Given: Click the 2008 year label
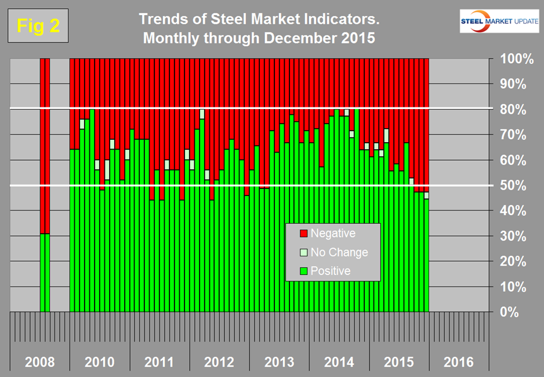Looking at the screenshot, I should (40, 362).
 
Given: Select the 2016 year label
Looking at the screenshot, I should (458, 362).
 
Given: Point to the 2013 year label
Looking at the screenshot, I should (279, 362).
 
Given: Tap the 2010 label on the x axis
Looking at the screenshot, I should (99, 362).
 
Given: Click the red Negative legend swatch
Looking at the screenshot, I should (302, 234).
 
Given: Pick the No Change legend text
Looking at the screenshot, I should (339, 252).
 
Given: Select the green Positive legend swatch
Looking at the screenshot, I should (302, 271).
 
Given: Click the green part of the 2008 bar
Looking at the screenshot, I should (45, 273).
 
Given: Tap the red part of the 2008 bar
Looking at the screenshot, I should (45, 145).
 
